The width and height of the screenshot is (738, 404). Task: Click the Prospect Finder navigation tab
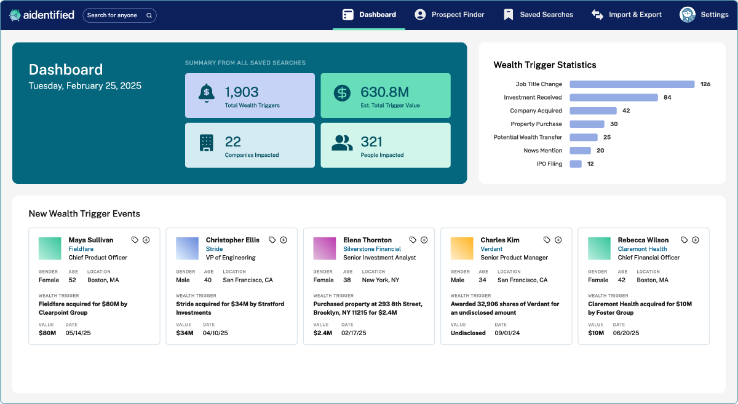click(x=450, y=15)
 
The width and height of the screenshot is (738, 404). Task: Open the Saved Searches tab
click(x=538, y=15)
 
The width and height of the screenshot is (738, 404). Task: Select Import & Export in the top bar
click(x=627, y=15)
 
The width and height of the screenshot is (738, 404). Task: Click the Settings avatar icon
click(x=687, y=15)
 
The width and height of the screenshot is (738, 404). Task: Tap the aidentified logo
click(x=42, y=15)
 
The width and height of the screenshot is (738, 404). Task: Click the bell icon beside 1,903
click(x=207, y=93)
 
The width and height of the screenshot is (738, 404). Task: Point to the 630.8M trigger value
click(x=384, y=92)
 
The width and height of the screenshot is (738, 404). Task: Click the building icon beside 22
click(x=207, y=143)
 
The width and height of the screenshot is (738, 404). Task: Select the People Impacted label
click(x=382, y=155)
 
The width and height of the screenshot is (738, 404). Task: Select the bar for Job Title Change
click(x=632, y=84)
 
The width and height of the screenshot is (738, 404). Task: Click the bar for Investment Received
click(x=613, y=97)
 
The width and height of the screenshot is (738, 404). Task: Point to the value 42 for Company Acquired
click(x=626, y=111)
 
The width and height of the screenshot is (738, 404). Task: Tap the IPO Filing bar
click(x=576, y=164)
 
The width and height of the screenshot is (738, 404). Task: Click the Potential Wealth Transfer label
click(x=528, y=137)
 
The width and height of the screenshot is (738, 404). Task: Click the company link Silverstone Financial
click(x=372, y=249)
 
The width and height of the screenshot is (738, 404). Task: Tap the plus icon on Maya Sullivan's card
click(x=146, y=240)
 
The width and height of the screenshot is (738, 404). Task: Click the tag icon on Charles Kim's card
click(x=547, y=240)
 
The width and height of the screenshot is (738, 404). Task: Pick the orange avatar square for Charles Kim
click(x=462, y=248)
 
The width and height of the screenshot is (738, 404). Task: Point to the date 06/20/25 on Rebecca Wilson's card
click(x=626, y=333)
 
